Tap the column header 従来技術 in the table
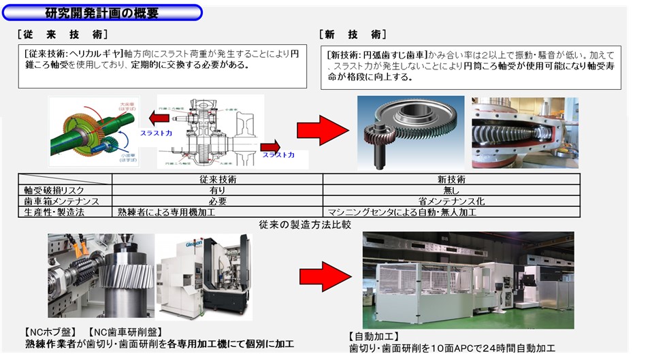(x=218, y=180)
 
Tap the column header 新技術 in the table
(x=451, y=180)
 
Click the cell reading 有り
(x=218, y=191)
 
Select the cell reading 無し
(x=451, y=191)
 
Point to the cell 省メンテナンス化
(x=451, y=201)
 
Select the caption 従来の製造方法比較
(x=305, y=224)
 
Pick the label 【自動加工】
(x=374, y=336)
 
